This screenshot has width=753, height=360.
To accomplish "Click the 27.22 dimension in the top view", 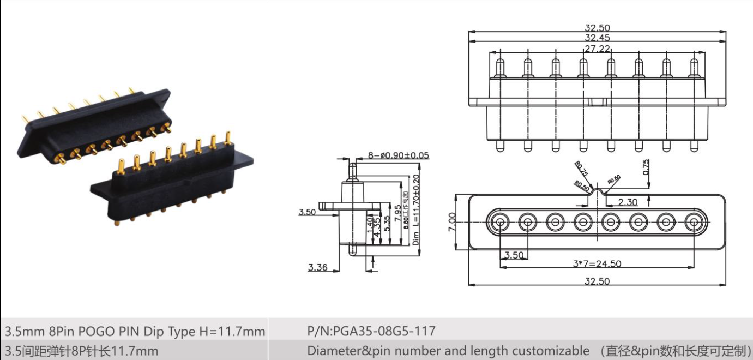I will [x=597, y=49].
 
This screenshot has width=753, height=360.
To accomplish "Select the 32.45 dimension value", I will [x=597, y=38].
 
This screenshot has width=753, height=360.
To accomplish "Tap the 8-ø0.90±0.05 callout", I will [x=398, y=155].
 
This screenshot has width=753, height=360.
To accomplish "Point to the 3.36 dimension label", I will [x=317, y=267].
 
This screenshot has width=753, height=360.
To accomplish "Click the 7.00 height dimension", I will [x=452, y=222].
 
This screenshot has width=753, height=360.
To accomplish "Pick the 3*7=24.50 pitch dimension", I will [x=597, y=263].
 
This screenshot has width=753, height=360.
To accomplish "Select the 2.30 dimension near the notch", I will [x=628, y=202].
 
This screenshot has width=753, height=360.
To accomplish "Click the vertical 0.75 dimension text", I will [x=646, y=167].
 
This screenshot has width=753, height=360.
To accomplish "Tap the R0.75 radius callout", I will [x=581, y=168].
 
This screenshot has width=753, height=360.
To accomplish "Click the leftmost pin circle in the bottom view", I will [x=499, y=222].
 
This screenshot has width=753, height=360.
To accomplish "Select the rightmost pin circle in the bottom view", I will [x=694, y=222].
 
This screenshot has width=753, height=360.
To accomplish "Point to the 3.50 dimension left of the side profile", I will [x=306, y=212].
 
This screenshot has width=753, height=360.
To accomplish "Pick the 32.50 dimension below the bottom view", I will [x=597, y=281].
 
